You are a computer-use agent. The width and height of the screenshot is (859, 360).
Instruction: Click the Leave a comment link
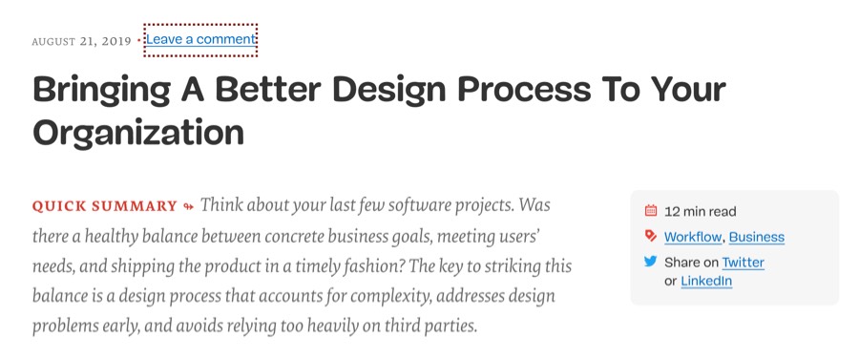(200, 39)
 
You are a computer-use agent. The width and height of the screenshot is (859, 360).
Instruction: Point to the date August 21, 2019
(82, 41)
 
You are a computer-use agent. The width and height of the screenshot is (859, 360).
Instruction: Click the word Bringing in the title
(101, 90)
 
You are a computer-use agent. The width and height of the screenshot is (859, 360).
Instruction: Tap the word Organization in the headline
(138, 133)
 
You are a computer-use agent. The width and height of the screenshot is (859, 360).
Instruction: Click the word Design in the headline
(386, 91)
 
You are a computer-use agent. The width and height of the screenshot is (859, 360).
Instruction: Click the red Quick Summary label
(105, 206)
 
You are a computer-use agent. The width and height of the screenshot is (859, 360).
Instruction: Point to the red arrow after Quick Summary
(188, 206)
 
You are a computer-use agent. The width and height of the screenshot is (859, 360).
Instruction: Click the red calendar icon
(651, 210)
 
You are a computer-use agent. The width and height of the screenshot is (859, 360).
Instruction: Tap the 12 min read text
(701, 211)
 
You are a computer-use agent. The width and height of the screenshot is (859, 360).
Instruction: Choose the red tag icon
(651, 236)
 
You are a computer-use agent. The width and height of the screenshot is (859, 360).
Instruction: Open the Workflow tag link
(693, 237)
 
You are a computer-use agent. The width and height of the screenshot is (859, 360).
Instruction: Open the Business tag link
(757, 237)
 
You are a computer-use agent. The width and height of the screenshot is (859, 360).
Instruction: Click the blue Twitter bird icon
(651, 262)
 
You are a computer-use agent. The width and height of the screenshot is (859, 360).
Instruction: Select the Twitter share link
(743, 263)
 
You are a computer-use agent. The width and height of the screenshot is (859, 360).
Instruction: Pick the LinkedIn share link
(706, 282)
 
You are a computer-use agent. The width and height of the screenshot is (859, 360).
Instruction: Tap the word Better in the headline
(267, 89)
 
